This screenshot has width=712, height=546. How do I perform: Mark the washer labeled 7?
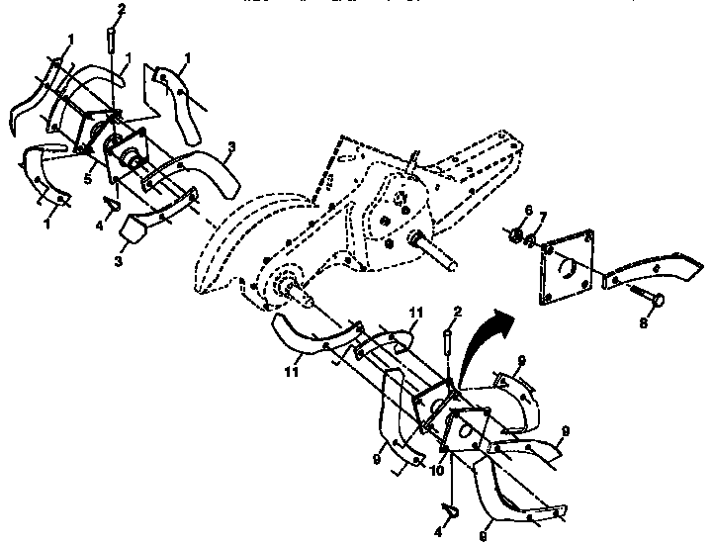point(530,239)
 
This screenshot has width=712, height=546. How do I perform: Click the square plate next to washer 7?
point(569,264)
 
